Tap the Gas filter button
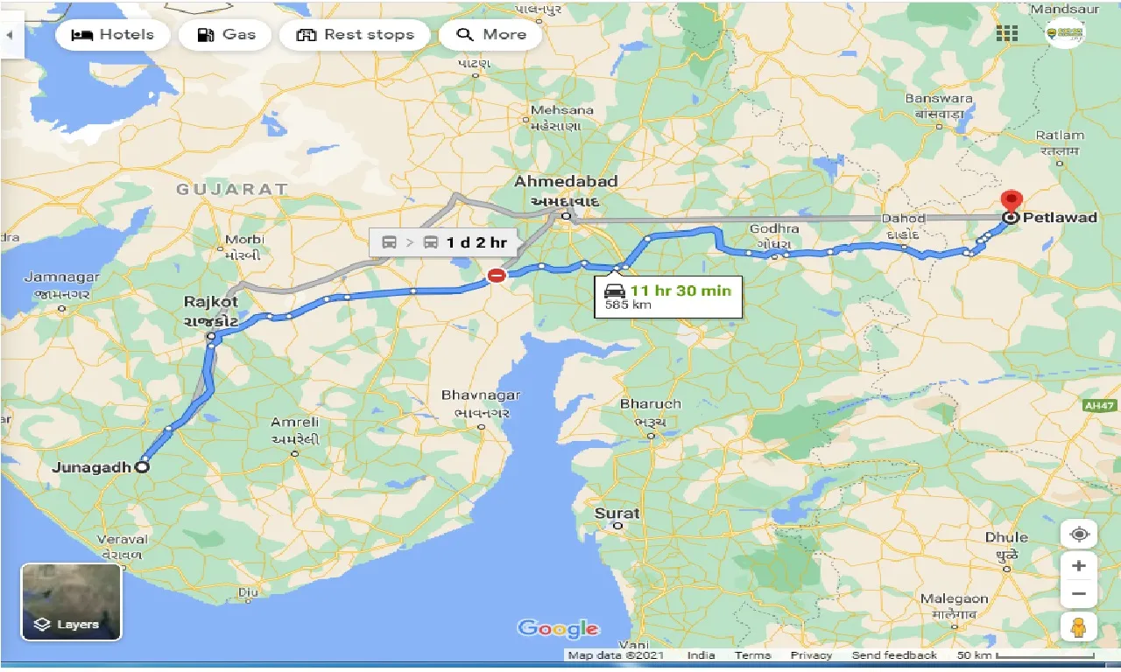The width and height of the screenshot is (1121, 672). [226, 35]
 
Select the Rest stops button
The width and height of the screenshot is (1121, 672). [355, 35]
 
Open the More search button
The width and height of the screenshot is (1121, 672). [491, 35]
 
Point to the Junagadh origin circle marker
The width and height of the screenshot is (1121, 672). [142, 467]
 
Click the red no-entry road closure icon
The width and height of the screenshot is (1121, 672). [497, 276]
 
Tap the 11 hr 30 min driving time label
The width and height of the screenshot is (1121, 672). [679, 290]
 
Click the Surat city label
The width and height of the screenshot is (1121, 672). [617, 514]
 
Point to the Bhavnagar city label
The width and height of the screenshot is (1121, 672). [481, 395]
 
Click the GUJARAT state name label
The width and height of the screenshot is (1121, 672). [232, 189]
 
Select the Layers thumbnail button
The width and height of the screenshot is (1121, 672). [72, 601]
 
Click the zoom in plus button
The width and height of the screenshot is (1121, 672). [1079, 566]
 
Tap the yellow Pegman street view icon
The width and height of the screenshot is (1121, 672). [1079, 627]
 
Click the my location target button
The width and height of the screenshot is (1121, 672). [1079, 534]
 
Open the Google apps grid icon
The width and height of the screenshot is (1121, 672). [1007, 34]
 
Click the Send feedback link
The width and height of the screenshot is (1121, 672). [893, 655]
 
